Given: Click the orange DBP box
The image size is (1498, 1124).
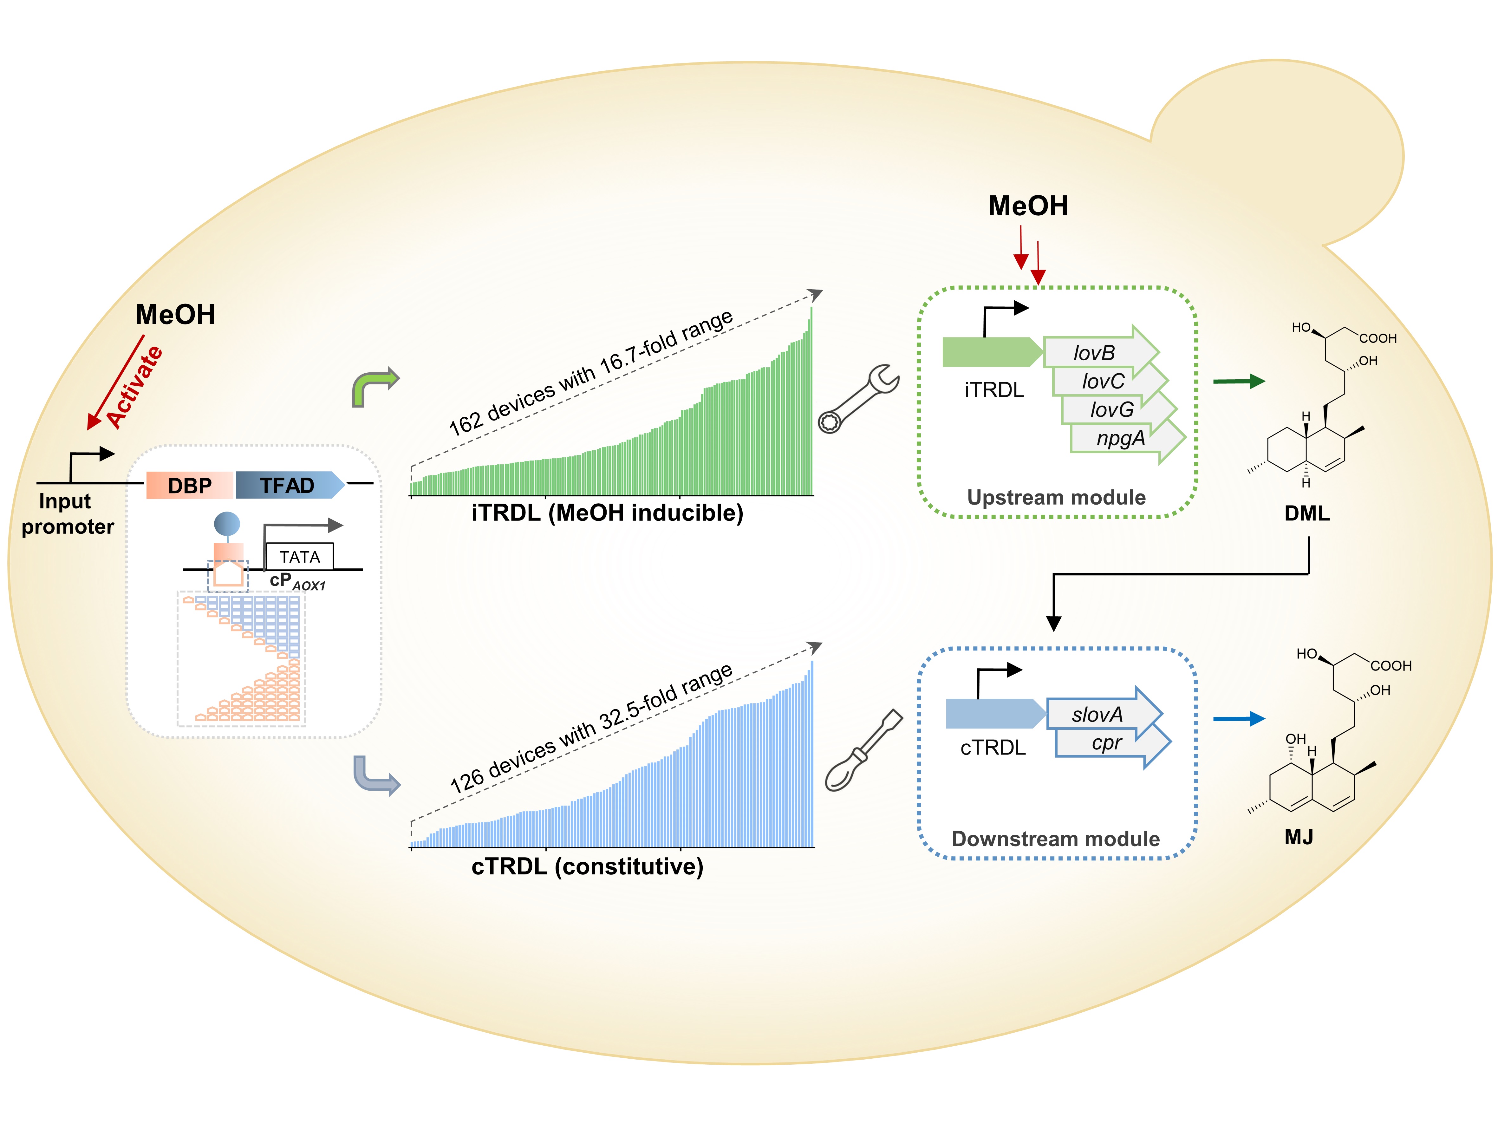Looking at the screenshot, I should click(x=190, y=485).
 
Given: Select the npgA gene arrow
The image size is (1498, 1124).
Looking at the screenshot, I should click(x=1122, y=438).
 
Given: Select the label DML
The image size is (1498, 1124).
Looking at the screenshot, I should click(x=1306, y=513).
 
